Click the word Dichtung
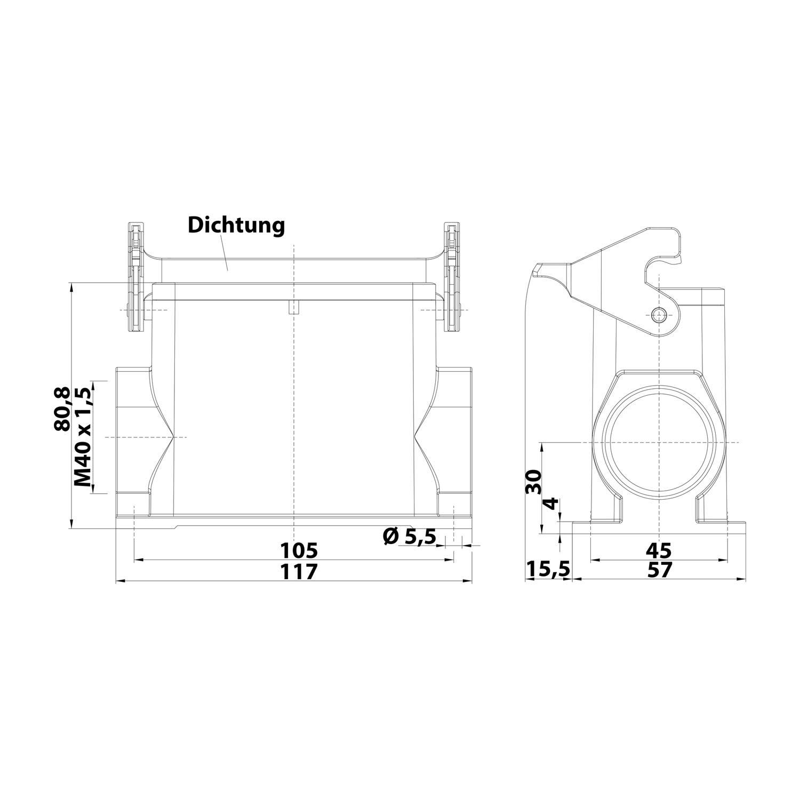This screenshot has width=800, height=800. coord(236,226)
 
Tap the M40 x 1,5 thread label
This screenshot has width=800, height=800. coord(83,437)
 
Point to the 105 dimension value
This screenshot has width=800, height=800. coord(299,550)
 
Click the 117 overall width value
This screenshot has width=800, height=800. coord(299,571)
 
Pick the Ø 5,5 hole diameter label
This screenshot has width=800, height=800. coord(409,535)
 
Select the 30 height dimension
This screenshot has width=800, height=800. coord(533,482)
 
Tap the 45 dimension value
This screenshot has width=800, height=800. coord(660,550)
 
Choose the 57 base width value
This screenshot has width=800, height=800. coord(660,570)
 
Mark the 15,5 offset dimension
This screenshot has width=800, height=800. coord(548,570)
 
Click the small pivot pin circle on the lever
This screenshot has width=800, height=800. coord(660,315)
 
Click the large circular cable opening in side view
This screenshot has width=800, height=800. coord(660,443)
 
